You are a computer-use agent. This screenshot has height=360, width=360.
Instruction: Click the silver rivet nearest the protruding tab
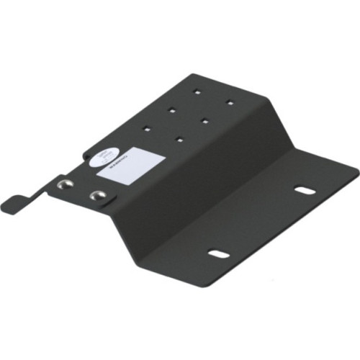click(63, 185)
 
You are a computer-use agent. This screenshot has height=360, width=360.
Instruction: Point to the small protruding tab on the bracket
click(13, 203)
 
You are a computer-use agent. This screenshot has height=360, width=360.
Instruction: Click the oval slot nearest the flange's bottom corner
click(219, 253)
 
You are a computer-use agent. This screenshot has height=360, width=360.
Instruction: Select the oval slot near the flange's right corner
click(305, 191)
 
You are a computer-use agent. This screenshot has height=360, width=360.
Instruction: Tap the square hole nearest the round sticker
click(147, 128)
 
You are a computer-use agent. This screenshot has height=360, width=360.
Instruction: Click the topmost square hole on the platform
click(196, 91)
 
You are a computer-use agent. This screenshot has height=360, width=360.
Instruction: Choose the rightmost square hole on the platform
click(230, 102)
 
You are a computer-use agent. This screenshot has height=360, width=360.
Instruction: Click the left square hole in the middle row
click(173, 110)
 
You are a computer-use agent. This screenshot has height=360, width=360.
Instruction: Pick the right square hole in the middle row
click(206, 120)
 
